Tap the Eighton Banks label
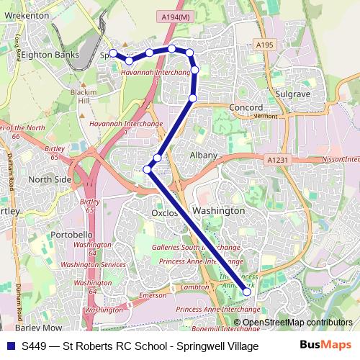pyautogui.click(x=48, y=54)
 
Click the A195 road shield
pyautogui.click(x=264, y=45)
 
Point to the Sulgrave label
pyautogui.click(x=292, y=94)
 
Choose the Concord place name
pyautogui.click(x=246, y=108)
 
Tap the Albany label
pyautogui.click(x=203, y=155)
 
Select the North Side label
pyautogui.click(x=50, y=179)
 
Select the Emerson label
pyautogui.click(x=152, y=295)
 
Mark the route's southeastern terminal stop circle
pyautogui.click(x=247, y=292)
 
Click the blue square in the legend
pyautogui.click(x=9, y=346)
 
